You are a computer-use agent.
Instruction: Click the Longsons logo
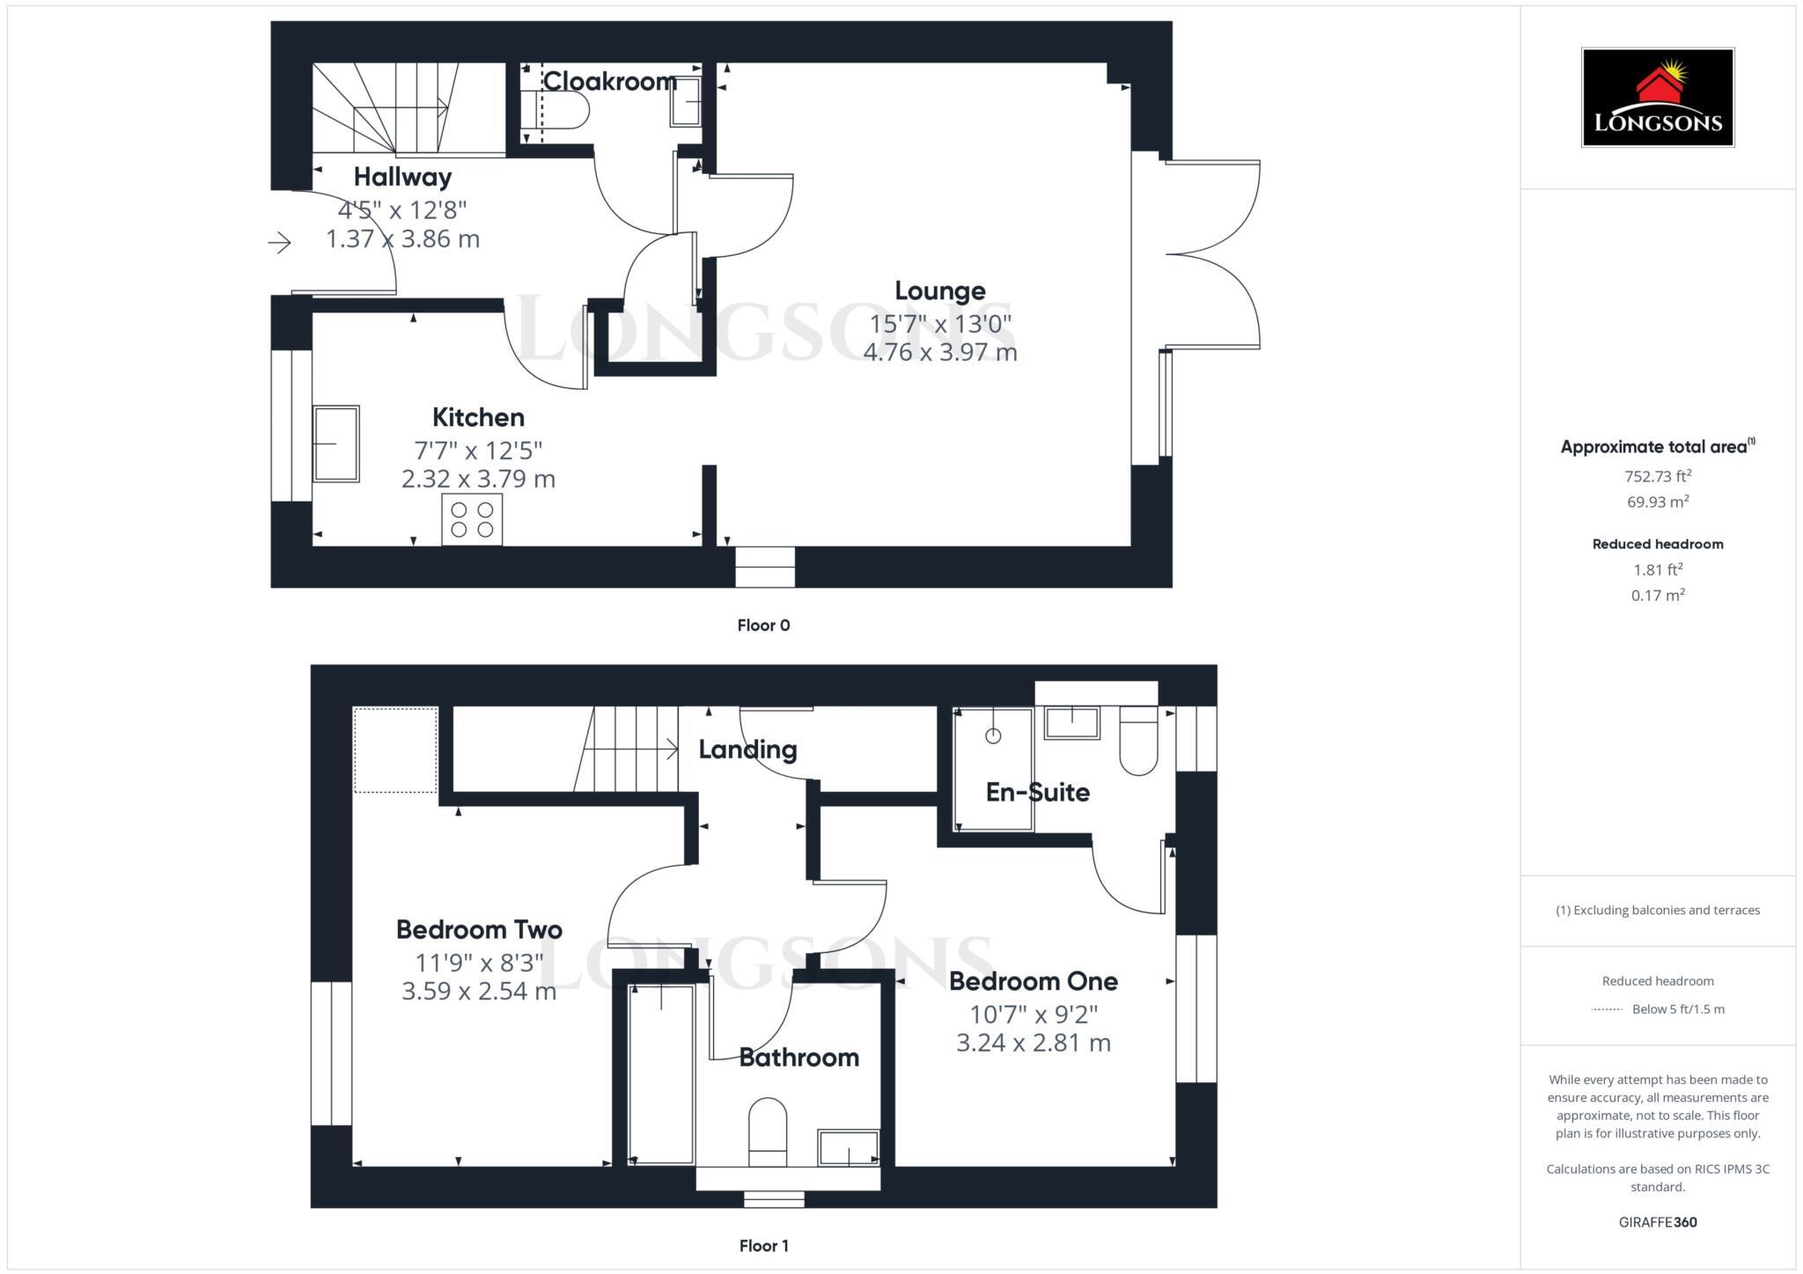click(x=1657, y=97)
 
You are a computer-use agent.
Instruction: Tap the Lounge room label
click(x=939, y=290)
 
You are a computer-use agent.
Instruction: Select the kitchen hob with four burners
click(x=472, y=519)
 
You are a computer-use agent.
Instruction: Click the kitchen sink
click(x=335, y=443)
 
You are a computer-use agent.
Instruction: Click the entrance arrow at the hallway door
click(x=280, y=242)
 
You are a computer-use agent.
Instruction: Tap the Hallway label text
click(x=402, y=177)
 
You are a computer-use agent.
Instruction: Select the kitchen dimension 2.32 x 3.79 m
click(x=478, y=479)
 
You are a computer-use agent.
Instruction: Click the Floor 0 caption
click(x=763, y=626)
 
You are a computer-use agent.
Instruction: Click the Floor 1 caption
click(x=763, y=1246)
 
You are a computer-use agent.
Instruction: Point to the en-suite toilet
click(x=1138, y=744)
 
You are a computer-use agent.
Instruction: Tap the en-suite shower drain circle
click(x=993, y=736)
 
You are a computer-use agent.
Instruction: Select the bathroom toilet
click(x=767, y=1131)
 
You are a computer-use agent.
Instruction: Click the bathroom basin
click(x=848, y=1148)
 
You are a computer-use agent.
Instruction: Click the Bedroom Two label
click(x=479, y=929)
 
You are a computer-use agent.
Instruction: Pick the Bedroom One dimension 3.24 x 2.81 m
click(x=1034, y=1043)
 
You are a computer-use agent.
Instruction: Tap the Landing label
click(x=747, y=750)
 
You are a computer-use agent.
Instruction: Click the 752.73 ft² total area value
click(x=1658, y=477)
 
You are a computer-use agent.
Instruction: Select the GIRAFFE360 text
click(x=1657, y=1222)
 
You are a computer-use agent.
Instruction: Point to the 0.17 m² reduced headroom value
click(x=1658, y=596)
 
